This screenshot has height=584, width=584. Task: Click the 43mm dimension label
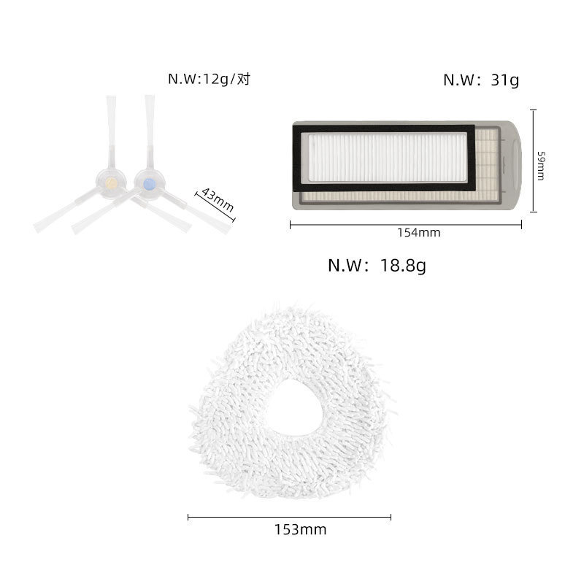click(218, 199)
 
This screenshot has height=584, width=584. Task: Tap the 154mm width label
click(418, 233)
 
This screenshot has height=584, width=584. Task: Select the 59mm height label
click(541, 166)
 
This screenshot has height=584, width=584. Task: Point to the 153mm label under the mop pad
click(300, 529)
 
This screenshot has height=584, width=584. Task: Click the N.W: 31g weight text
click(481, 80)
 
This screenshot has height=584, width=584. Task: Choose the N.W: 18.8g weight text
click(377, 265)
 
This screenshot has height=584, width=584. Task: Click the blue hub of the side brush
click(150, 185)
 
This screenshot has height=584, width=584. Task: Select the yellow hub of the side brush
click(111, 183)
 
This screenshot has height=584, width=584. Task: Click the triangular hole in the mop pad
click(293, 409)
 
